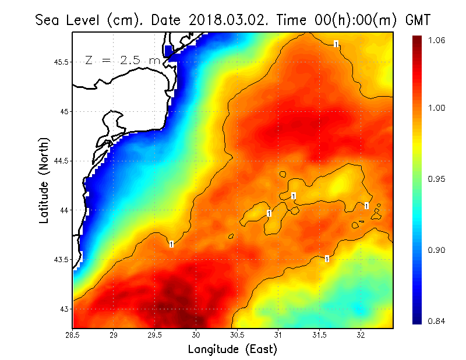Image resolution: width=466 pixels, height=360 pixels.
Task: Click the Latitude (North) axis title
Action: coord(44,181)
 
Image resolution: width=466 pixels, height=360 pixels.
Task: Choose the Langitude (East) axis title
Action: coord(232,349)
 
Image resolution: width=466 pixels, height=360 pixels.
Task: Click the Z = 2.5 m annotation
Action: coord(122,60)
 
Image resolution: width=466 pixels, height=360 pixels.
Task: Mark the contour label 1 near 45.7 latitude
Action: coord(337,44)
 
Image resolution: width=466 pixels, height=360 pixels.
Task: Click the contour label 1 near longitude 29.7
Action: coord(171,244)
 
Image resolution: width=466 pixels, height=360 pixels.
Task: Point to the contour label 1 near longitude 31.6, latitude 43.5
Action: coord(327,258)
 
